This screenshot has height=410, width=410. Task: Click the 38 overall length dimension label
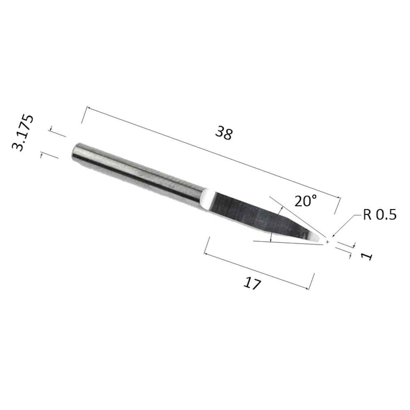point(224,133)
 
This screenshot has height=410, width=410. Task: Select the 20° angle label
point(305,201)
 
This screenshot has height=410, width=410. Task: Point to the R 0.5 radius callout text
point(380,215)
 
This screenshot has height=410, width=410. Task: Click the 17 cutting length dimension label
point(252,283)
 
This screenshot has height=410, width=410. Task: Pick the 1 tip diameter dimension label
point(367,256)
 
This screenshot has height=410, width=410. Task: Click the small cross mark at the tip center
point(327,242)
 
